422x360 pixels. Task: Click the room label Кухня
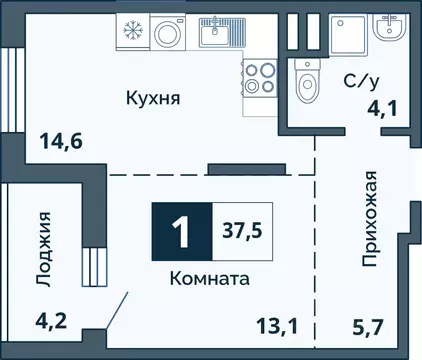152,98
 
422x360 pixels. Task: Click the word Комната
208,279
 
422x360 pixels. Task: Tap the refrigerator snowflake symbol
131,31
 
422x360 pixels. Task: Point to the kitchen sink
215,34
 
